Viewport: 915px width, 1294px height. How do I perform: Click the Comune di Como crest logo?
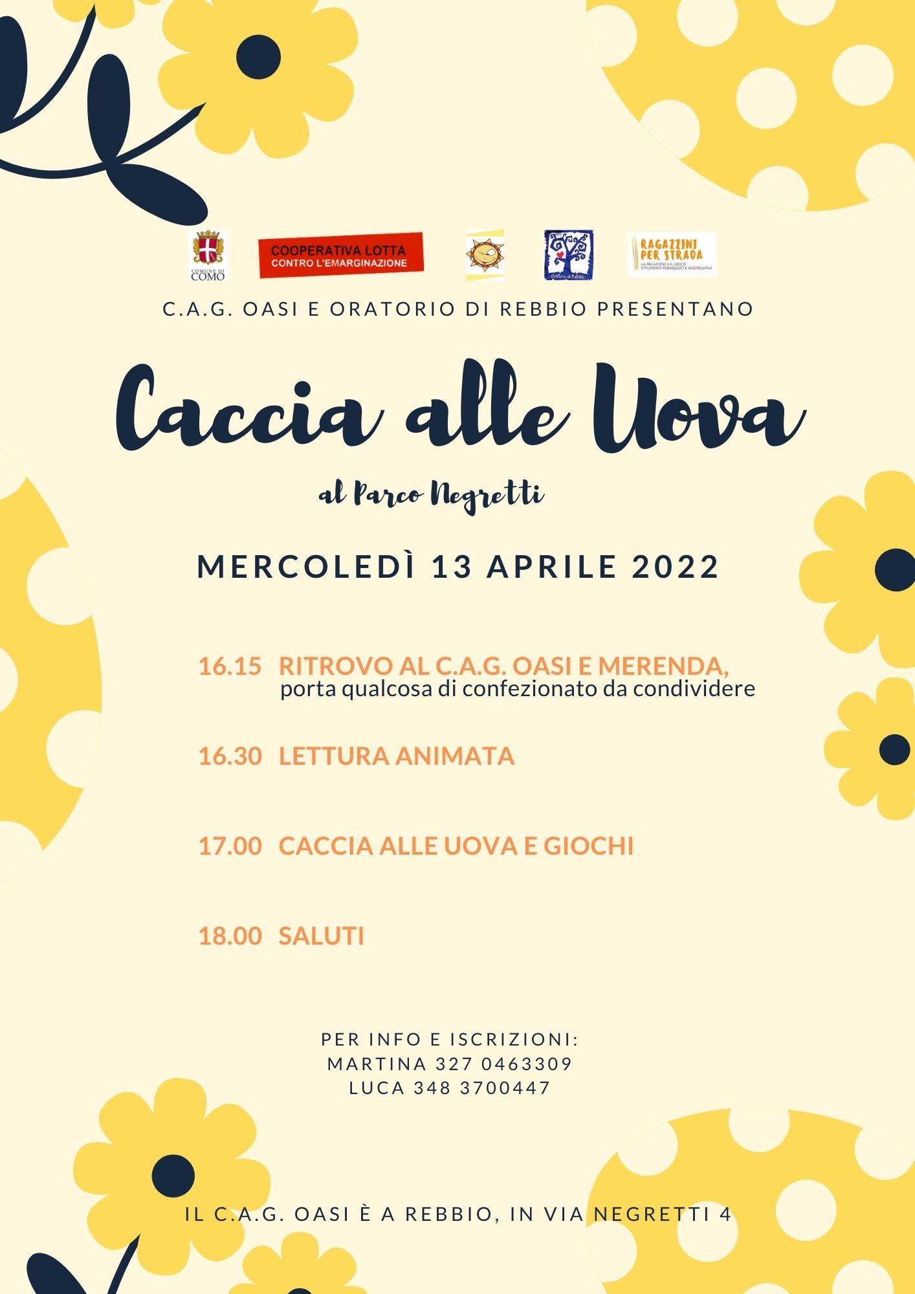(x=208, y=255)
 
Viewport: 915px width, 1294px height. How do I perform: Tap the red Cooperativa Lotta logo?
(x=340, y=256)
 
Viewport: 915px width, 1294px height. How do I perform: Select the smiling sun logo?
(x=485, y=255)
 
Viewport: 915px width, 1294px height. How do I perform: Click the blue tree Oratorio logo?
(x=568, y=255)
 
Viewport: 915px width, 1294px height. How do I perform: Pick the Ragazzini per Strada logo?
(x=672, y=255)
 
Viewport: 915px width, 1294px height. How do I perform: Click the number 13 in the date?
(x=451, y=567)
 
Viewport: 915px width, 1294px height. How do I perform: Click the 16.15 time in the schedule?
(x=230, y=666)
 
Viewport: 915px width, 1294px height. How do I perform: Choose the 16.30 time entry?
(x=230, y=756)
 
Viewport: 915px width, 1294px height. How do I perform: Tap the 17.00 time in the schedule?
(x=230, y=846)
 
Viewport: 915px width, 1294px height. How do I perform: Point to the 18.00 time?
(x=230, y=936)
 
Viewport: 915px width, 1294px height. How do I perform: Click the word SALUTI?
(x=322, y=936)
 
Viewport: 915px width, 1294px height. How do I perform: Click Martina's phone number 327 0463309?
(x=504, y=1064)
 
